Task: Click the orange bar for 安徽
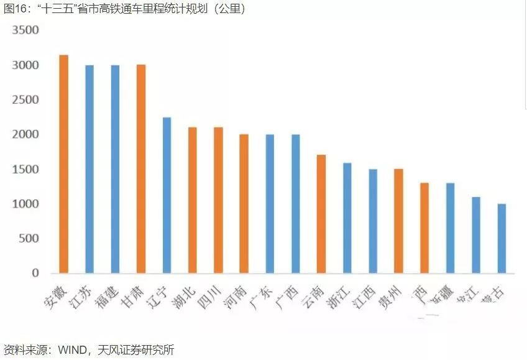point(63,164)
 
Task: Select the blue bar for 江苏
point(89,169)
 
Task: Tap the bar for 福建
point(115,169)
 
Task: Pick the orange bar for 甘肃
point(140,169)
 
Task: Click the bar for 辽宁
point(167,195)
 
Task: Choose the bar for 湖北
point(193,200)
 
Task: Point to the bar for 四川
point(218,200)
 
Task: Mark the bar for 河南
point(244,204)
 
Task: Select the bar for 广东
point(270,204)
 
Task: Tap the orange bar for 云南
point(321,214)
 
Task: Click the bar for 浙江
point(347,218)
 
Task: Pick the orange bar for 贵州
point(398,221)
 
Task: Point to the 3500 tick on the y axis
point(25,30)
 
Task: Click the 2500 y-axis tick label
point(25,100)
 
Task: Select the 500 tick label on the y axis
point(29,239)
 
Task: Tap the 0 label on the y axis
point(35,274)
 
